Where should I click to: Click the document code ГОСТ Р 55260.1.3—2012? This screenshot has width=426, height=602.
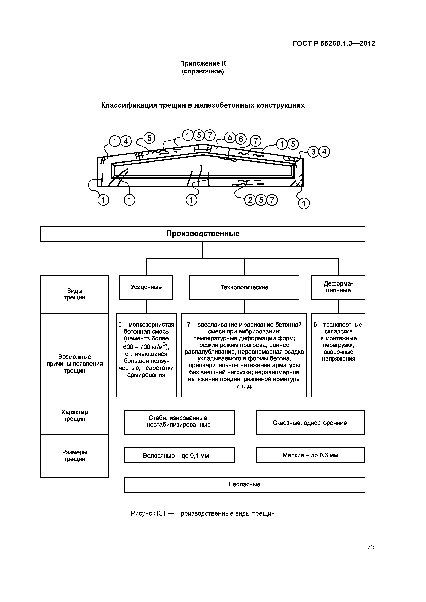[334, 43]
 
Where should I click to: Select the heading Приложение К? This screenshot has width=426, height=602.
[203, 63]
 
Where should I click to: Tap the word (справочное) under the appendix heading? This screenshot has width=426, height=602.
[203, 71]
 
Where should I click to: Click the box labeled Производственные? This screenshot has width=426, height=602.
[203, 234]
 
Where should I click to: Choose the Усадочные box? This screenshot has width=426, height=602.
[146, 287]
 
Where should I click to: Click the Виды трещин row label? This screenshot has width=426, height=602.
[75, 294]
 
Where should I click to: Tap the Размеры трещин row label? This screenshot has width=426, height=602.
[75, 455]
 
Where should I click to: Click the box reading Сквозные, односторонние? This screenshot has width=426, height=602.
[310, 423]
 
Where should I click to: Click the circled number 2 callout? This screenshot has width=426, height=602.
[250, 200]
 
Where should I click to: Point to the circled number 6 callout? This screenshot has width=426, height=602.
[241, 139]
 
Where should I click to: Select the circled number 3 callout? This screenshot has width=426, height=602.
[313, 152]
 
